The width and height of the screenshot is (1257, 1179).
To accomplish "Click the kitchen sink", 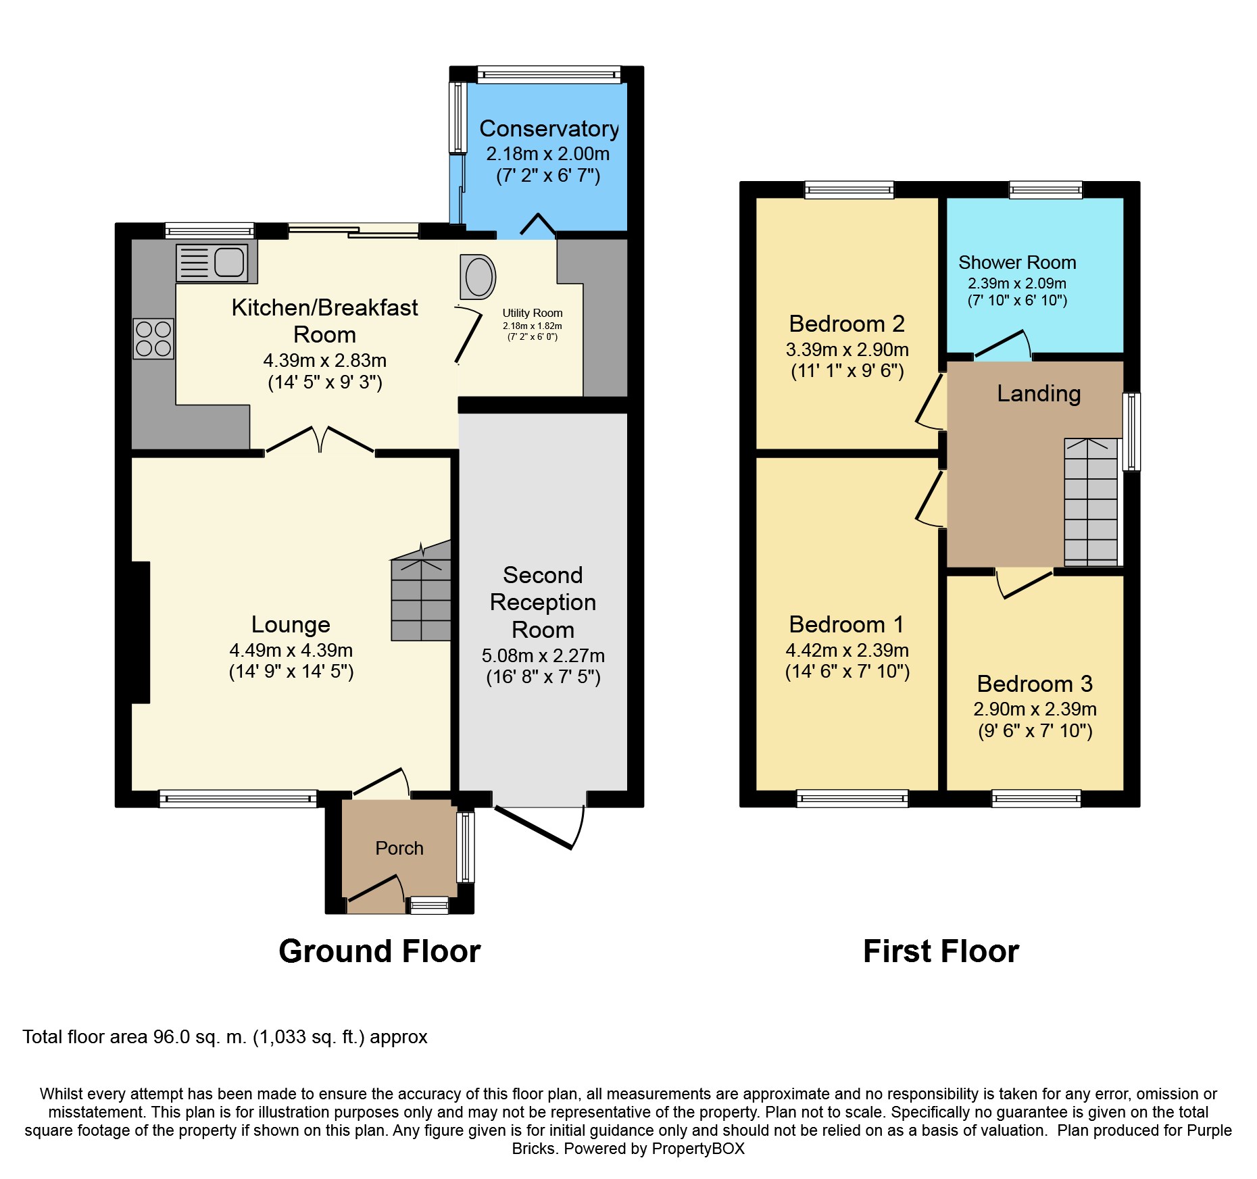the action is tap(212, 262).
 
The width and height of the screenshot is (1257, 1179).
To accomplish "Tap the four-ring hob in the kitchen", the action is tap(153, 338).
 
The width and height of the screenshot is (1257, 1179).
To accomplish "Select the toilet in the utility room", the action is tap(478, 276).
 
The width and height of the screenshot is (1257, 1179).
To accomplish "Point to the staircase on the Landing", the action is tap(1091, 502).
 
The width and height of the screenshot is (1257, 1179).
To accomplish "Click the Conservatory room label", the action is tap(549, 128).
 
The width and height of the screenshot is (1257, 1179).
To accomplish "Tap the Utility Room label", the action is tap(533, 313).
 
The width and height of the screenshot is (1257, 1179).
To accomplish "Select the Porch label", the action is tap(399, 848).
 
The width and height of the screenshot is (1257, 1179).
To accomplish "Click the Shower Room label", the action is tap(1017, 262).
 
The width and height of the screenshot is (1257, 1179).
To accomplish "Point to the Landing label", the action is tap(1039, 393).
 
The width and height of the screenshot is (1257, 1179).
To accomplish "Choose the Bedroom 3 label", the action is tap(1035, 684).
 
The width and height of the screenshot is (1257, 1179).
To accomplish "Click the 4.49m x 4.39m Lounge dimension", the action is tap(291, 650).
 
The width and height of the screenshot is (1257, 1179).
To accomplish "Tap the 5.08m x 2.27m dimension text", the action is tap(543, 655).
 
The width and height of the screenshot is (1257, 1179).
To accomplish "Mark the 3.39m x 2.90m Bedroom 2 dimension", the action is tap(847, 349).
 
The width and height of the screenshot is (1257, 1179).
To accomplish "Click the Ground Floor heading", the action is tap(380, 951).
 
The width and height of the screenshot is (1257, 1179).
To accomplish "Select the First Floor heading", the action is tap(941, 951).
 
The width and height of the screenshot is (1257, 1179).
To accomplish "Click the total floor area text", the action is tap(225, 1037).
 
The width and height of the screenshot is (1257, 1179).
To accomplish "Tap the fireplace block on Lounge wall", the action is tap(141, 632).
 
